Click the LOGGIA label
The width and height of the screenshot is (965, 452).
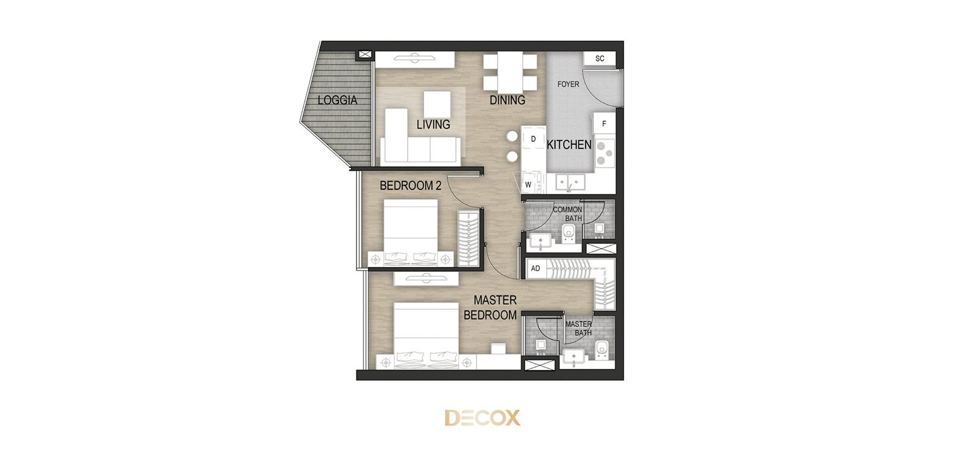click(x=337, y=100)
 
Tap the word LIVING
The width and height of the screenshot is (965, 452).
click(x=434, y=124)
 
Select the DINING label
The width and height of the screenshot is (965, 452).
click(x=507, y=100)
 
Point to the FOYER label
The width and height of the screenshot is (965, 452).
click(x=568, y=84)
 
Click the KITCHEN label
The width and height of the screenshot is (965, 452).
click(x=569, y=145)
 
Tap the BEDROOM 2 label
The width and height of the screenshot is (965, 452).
click(x=411, y=186)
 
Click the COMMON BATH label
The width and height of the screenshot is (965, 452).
click(x=568, y=214)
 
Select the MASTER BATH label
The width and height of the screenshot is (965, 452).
click(x=578, y=328)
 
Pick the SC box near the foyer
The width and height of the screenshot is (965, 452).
click(x=600, y=58)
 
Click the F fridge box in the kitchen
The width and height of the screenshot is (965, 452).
click(x=604, y=124)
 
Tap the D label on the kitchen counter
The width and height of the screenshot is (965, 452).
click(x=533, y=139)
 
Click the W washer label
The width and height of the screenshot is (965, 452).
click(x=528, y=185)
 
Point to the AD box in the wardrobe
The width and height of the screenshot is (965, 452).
click(x=536, y=269)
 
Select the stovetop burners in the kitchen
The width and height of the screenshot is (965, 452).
click(x=605, y=154)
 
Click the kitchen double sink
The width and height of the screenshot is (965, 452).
click(x=569, y=182)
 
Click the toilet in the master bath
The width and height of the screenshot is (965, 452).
click(x=601, y=351)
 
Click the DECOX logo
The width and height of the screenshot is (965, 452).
click(x=482, y=418)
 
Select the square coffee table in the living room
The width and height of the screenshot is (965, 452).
click(x=437, y=104)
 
